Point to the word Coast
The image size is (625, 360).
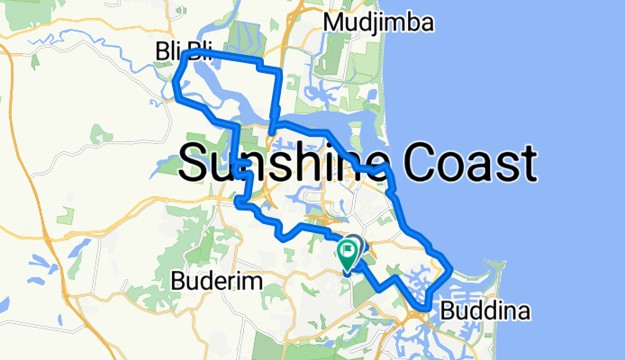[470, 164]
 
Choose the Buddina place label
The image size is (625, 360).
[485, 311]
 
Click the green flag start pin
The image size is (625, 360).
[347, 255]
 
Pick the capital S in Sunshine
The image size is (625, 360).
[198, 164]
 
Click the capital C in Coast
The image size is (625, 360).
[421, 164]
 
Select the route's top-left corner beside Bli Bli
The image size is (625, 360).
[185, 53]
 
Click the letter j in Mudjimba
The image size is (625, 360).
[382, 22]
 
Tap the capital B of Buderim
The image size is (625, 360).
[177, 282]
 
